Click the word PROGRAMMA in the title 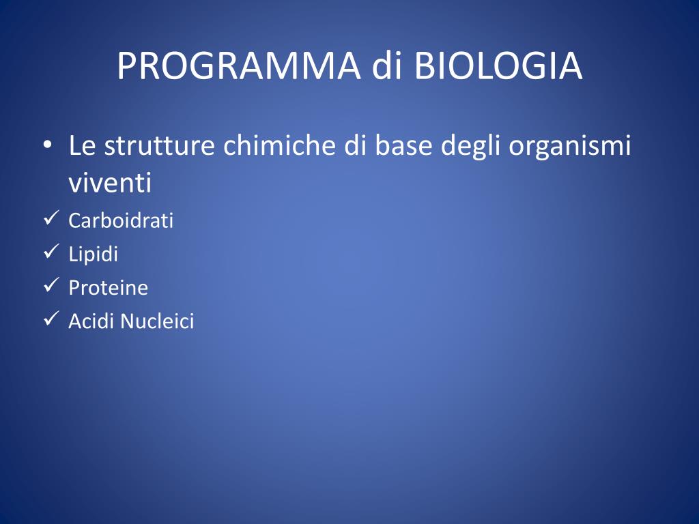[x=238, y=66]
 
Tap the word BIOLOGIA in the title [x=498, y=66]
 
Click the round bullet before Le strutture [x=48, y=146]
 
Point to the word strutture [x=159, y=145]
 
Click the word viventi [x=110, y=182]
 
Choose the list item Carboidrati [x=121, y=220]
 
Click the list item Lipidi [x=93, y=254]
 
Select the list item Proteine [x=109, y=287]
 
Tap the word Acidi [x=91, y=321]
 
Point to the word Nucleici [x=157, y=321]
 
